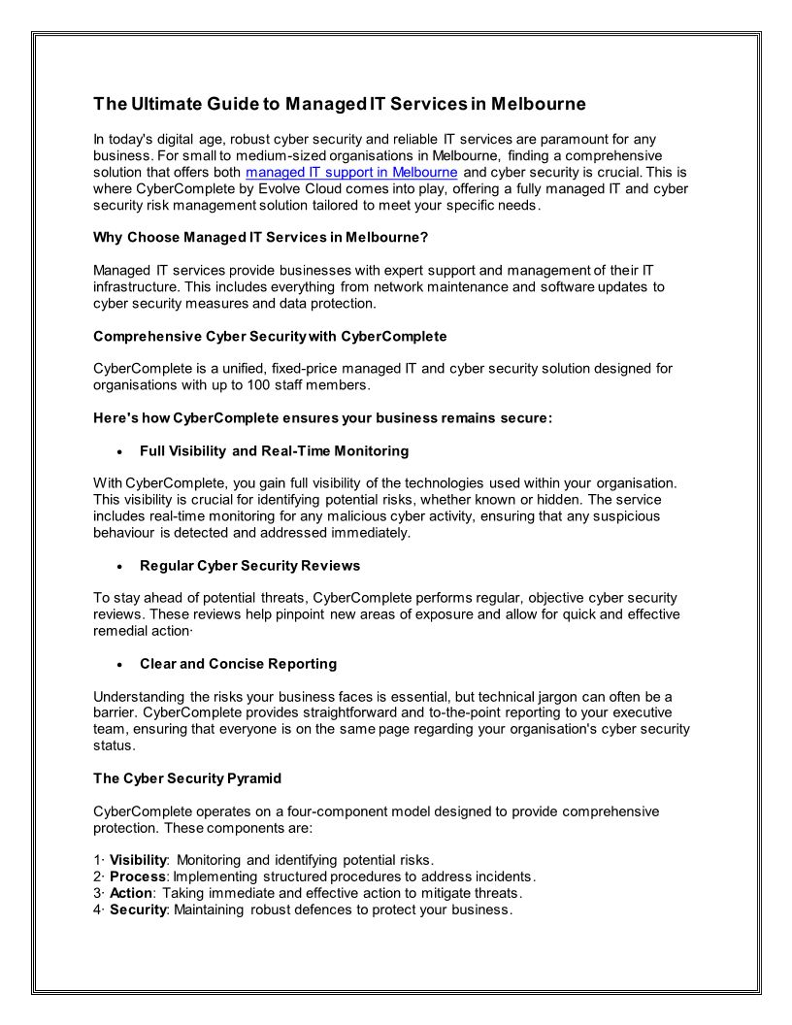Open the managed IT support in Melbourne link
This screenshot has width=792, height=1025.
pos(351,172)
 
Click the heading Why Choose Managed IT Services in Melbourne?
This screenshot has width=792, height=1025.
pos(260,237)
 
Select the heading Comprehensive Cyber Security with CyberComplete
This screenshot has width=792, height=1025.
pos(270,336)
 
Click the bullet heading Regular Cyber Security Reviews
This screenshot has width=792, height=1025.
pos(249,565)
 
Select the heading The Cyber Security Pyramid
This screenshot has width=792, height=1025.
pos(188,778)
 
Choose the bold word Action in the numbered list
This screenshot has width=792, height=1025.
pos(131,893)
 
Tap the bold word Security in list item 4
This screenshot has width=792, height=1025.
pos(138,909)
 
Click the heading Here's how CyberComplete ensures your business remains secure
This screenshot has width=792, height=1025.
pos(322,418)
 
